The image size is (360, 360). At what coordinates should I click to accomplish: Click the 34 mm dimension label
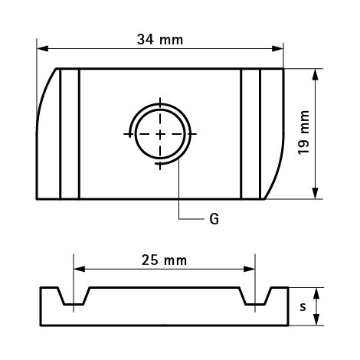pyautogui.click(x=160, y=38)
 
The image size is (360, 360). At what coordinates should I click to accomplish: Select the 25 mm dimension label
pyautogui.click(x=164, y=260)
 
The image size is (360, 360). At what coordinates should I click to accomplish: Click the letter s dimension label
pyautogui.click(x=303, y=308)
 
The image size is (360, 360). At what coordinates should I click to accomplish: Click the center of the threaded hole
pyautogui.click(x=160, y=133)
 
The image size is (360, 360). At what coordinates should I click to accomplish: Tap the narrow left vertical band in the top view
pyautogui.click(x=69, y=134)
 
